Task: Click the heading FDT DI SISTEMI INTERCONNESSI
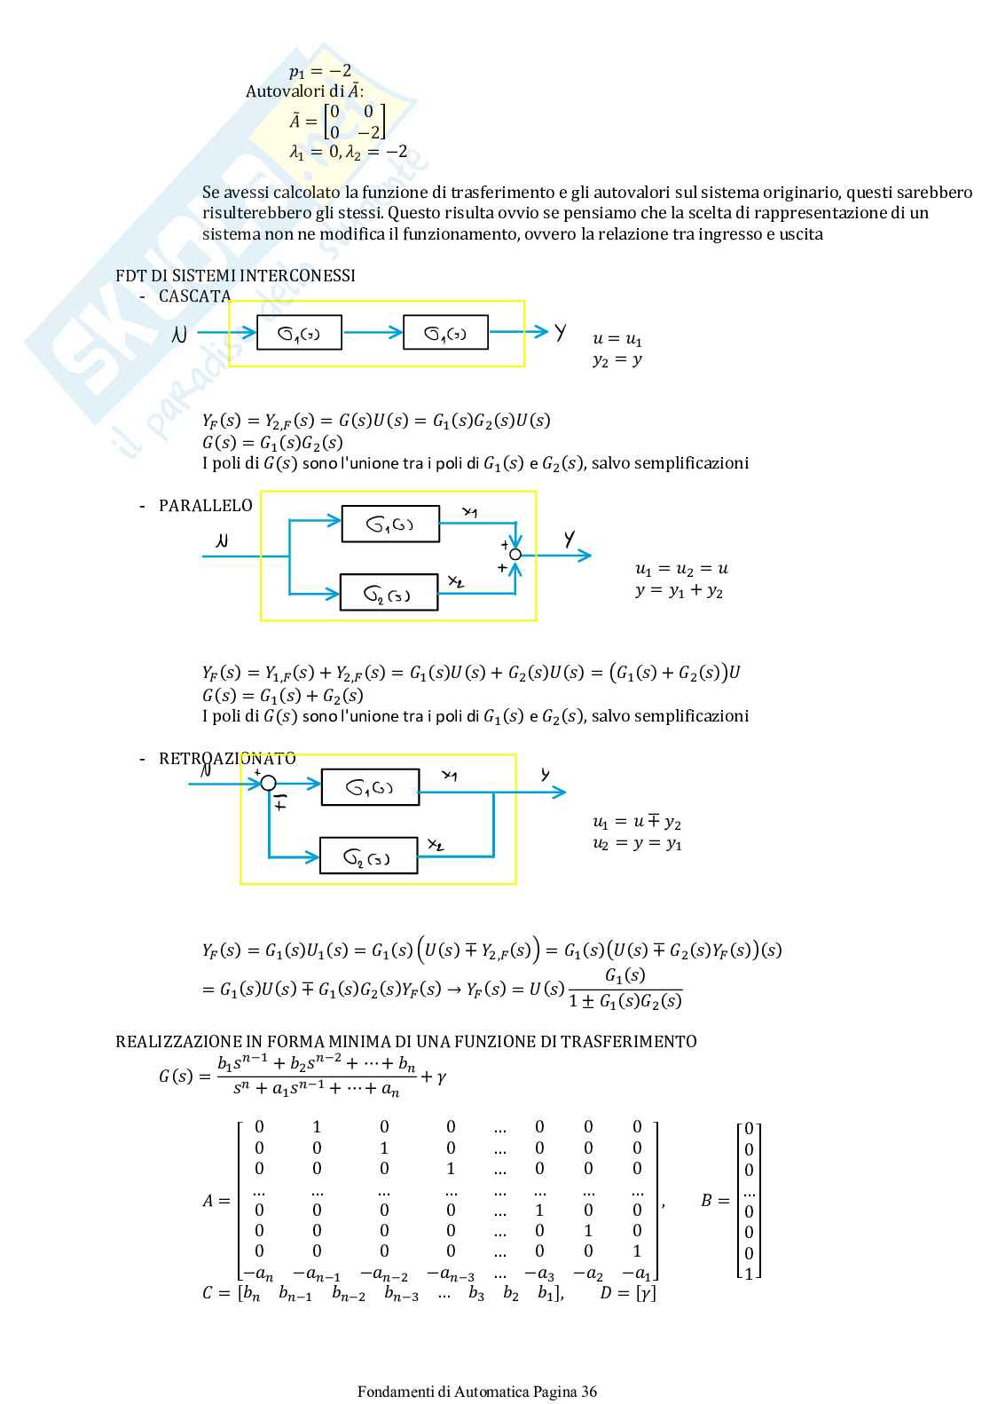coord(235,275)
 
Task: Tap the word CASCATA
coord(194,296)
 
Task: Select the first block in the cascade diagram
coord(299,333)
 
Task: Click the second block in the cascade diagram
coord(445,333)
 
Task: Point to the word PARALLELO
coord(205,505)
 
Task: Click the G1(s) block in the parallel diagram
coord(390,524)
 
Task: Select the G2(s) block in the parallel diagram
coord(389,593)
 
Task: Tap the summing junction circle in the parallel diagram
coord(515,555)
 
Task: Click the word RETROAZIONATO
coord(227,759)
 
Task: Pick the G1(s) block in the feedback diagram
coord(370,787)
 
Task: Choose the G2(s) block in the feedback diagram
coord(368,856)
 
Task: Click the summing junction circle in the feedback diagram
coord(269,783)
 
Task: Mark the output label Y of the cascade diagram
coord(561,332)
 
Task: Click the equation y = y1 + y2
coord(679,591)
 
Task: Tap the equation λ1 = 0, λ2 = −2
coord(349,152)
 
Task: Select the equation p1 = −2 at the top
coord(320,71)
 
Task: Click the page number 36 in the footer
coord(589,1392)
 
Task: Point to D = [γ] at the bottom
coord(628,1293)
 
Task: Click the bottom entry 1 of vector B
coord(750,1274)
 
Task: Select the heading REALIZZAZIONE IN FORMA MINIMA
coord(405,1041)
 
